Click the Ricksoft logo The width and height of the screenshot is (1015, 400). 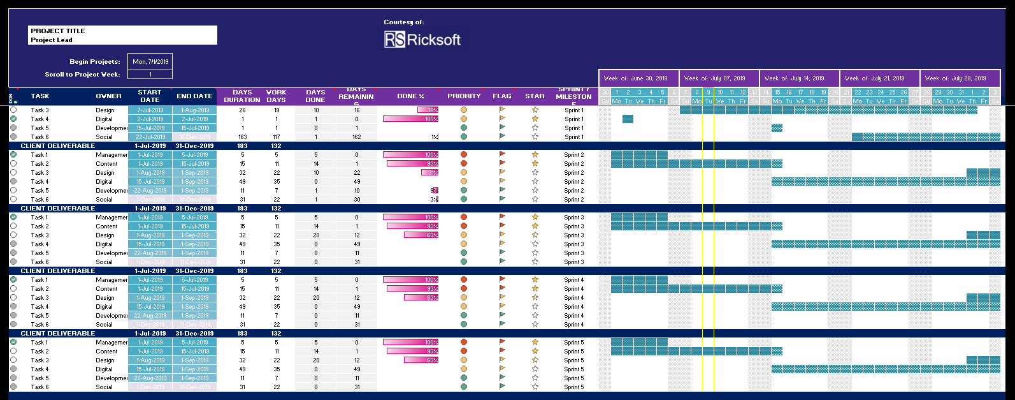(422, 40)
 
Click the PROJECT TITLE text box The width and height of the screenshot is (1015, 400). (122, 31)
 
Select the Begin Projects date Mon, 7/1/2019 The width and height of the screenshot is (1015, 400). (150, 62)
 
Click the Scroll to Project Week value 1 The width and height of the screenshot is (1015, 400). (150, 75)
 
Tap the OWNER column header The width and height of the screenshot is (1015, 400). (108, 96)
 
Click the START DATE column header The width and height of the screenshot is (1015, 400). (150, 96)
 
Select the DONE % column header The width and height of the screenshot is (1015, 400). (410, 96)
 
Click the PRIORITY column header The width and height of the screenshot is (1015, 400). (464, 96)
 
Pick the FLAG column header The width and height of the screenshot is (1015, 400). (502, 96)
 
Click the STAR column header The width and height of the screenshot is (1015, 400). (535, 96)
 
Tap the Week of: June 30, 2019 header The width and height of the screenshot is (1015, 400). (638, 78)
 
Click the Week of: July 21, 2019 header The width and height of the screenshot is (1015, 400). (879, 78)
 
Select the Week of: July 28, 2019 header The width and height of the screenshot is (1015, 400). (960, 78)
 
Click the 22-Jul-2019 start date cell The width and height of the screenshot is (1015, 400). (150, 137)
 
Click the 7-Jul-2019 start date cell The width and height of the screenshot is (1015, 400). (150, 110)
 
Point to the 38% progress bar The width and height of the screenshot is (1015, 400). (428, 110)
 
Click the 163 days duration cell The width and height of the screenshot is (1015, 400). (242, 137)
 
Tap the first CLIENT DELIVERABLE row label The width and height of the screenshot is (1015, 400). (58, 146)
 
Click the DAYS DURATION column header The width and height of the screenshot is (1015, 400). (242, 96)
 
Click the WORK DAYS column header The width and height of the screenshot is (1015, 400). (276, 96)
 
